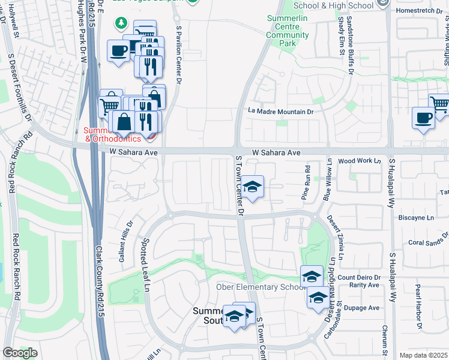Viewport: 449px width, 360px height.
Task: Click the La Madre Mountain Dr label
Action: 281,112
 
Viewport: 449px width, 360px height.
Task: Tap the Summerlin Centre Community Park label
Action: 288,35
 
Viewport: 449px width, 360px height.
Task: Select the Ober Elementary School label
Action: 261,287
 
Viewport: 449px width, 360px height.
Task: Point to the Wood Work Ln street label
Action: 360,161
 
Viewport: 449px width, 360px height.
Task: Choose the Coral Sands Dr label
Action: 428,243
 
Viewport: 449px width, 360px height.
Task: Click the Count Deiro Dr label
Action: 359,277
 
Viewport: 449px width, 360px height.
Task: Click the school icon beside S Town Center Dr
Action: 253,186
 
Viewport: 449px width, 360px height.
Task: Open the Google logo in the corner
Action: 20,353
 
